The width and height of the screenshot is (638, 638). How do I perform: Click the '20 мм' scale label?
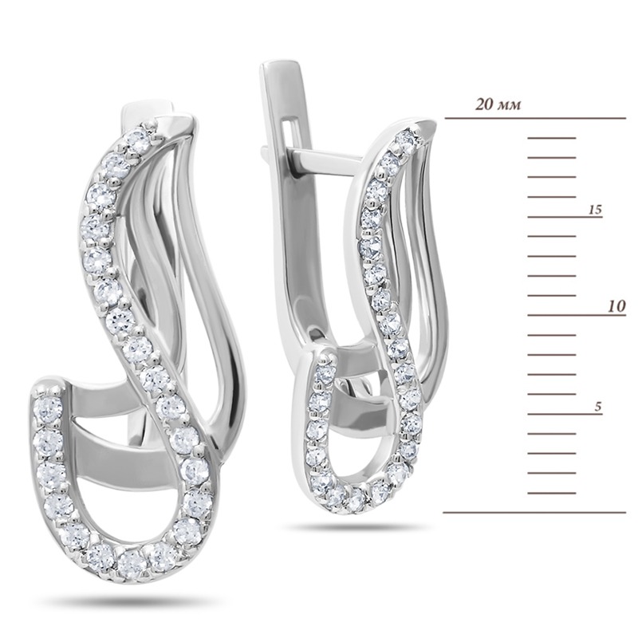pos(498,105)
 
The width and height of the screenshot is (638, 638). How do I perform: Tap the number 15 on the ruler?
pos(594,210)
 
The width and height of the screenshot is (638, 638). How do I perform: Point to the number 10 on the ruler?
pos(616,306)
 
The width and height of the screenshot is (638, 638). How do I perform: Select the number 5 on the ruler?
pos(597,407)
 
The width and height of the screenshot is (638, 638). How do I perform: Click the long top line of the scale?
pos(535,118)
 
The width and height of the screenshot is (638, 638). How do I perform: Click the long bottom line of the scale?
pos(534,512)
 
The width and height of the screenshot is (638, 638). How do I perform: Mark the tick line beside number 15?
pos(565,217)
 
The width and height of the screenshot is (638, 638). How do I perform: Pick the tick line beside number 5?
pos(565,414)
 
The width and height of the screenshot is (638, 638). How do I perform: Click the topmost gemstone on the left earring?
pos(139,138)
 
